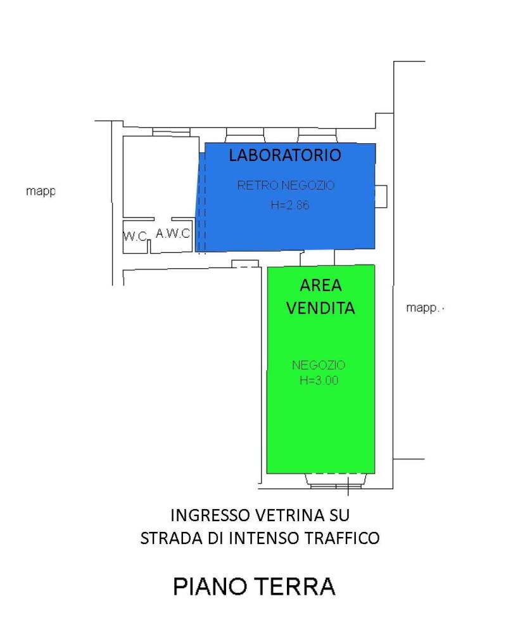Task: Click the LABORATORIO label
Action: click(x=285, y=155)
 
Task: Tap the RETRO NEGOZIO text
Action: click(x=285, y=186)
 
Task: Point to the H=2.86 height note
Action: click(x=285, y=205)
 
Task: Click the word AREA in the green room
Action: click(x=320, y=286)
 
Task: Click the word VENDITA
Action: click(x=320, y=308)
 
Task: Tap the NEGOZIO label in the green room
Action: click(x=319, y=365)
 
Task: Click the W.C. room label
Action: click(x=135, y=236)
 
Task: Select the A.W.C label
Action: click(x=173, y=233)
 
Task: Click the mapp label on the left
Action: click(x=41, y=190)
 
